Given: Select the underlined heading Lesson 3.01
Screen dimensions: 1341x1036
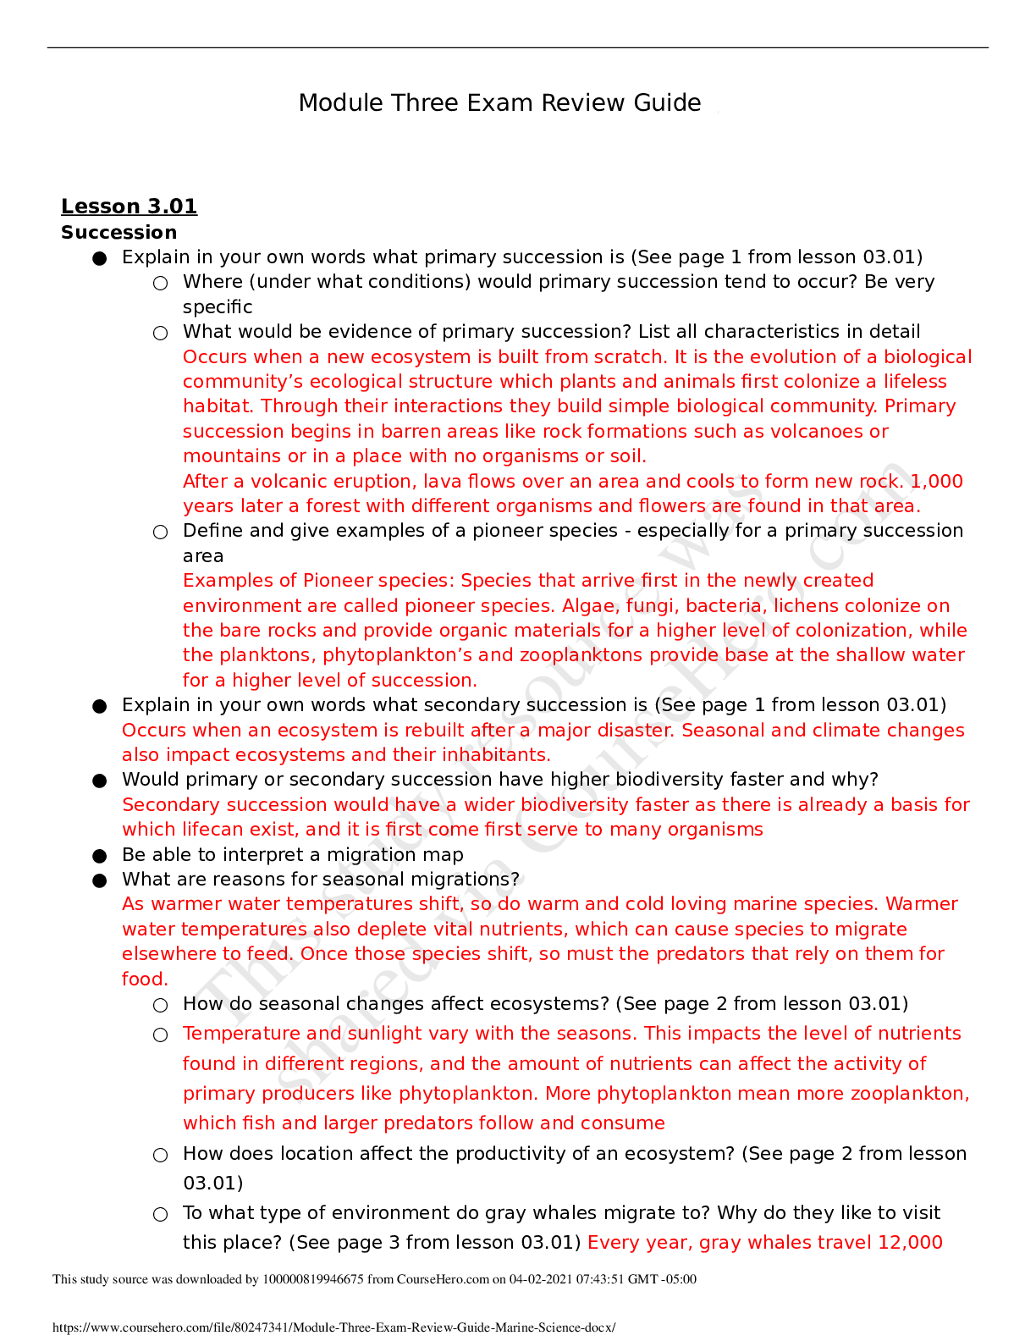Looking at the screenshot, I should click(x=129, y=207).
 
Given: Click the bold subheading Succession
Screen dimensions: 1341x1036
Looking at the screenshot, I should click(x=118, y=233).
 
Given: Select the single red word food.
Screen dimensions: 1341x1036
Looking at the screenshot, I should click(x=145, y=980).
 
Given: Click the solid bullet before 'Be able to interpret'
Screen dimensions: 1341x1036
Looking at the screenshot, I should click(x=100, y=856).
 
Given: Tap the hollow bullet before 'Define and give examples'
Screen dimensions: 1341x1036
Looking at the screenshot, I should click(x=160, y=533).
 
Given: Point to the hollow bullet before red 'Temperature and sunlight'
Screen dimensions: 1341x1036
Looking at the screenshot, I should click(x=160, y=1035).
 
